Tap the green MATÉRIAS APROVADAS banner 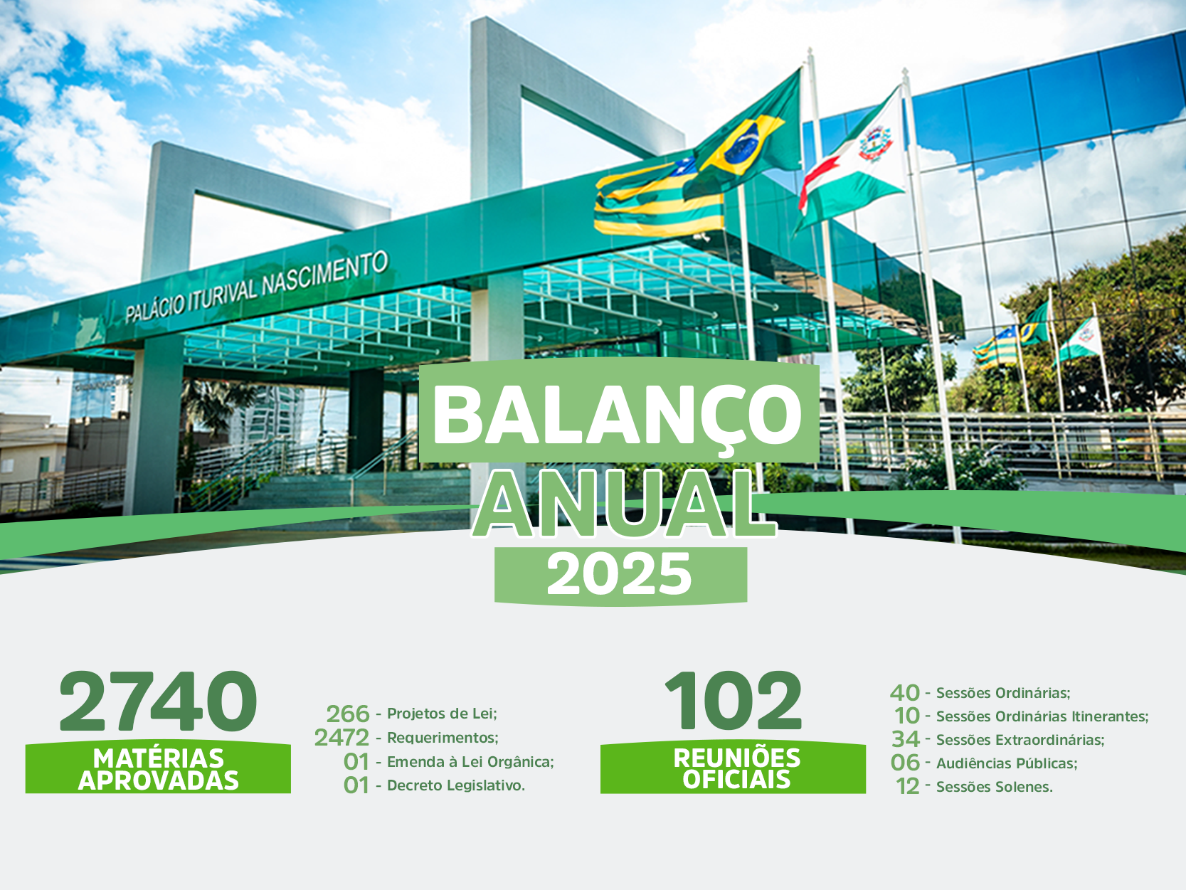[x=158, y=768]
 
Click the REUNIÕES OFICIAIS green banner [x=734, y=768]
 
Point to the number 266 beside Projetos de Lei [x=348, y=714]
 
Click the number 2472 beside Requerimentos [x=342, y=738]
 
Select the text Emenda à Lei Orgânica [x=470, y=762]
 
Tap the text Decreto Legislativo [x=455, y=785]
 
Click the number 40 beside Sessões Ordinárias [x=905, y=693]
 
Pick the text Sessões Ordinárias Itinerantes [x=1042, y=716]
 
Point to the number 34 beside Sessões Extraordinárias [x=906, y=739]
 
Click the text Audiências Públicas [x=1006, y=763]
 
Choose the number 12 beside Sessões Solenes [x=908, y=787]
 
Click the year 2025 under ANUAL [x=620, y=575]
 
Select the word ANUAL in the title [x=624, y=505]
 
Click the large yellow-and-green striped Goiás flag [x=659, y=197]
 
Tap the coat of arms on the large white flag [x=875, y=142]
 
